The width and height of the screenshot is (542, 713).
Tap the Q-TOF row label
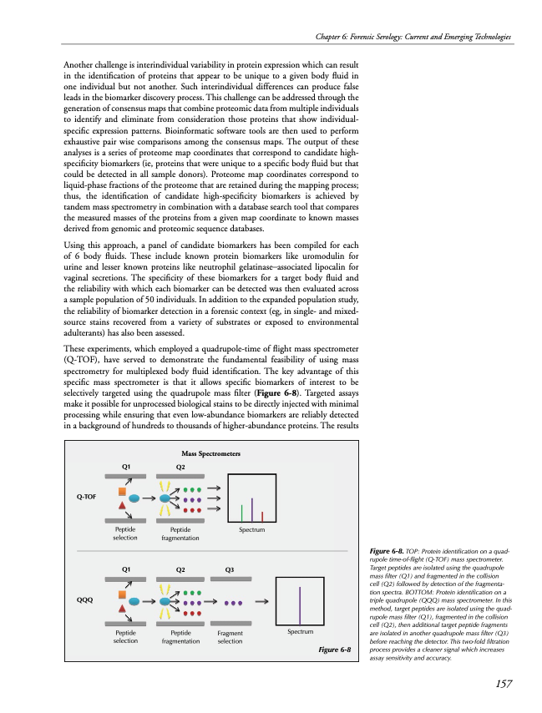pyautogui.click(x=86, y=497)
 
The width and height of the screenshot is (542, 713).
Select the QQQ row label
pyautogui.click(x=85, y=599)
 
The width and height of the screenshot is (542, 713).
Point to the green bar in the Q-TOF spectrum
pyautogui.click(x=241, y=512)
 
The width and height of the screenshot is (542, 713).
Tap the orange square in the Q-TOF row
pyautogui.click(x=122, y=487)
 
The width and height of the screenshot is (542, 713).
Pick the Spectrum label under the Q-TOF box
pyautogui.click(x=252, y=530)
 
